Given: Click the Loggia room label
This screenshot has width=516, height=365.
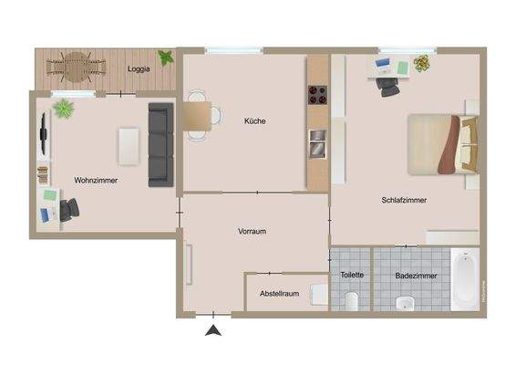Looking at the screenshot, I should [139, 68].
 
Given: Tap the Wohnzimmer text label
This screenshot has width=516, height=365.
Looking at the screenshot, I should [96, 181].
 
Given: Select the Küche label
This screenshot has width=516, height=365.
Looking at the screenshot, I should [255, 121].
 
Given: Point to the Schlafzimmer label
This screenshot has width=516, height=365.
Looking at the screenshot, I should [405, 200].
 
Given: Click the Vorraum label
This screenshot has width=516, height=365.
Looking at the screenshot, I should [252, 232].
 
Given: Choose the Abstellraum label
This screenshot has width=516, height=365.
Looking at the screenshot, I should [279, 294].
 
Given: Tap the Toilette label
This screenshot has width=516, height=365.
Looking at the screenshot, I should [352, 275].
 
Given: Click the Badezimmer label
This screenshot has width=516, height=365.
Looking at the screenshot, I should [416, 276].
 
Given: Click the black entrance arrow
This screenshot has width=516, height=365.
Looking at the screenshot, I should [213, 331].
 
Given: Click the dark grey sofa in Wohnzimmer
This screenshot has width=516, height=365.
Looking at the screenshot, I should [161, 144].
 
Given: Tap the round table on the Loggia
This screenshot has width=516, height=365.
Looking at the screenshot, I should [75, 64].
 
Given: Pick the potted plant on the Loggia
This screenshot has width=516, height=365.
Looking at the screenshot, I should [165, 58].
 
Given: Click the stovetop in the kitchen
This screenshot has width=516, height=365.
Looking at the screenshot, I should [317, 92].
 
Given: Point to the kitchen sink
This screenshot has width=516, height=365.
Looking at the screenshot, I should [316, 141].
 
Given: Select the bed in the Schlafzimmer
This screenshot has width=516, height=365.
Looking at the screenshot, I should [442, 144].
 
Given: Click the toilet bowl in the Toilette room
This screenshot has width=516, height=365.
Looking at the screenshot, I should [352, 299].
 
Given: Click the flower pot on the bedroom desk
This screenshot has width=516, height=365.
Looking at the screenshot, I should [420, 64].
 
